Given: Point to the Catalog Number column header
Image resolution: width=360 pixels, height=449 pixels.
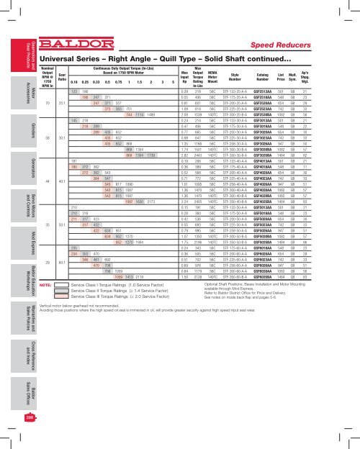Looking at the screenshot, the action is click(x=283, y=75).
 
